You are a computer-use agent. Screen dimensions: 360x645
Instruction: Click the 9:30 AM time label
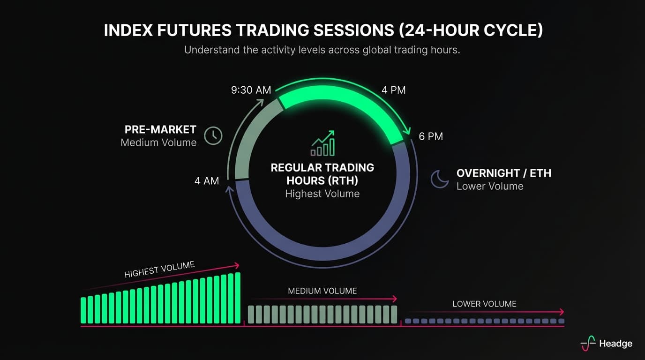pos(251,90)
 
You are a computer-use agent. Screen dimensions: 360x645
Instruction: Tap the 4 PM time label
pos(393,90)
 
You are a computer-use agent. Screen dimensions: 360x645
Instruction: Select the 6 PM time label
pos(430,136)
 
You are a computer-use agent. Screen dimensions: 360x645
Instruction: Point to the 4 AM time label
pos(207,180)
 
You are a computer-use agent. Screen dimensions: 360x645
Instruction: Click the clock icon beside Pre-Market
pos(213,135)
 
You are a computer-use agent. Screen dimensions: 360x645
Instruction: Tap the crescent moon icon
pos(440,179)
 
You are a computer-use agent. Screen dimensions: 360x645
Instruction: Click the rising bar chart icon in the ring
pos(322,143)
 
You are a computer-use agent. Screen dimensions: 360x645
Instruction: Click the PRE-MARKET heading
pos(160,129)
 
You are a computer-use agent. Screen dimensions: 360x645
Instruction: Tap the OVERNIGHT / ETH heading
pos(503,173)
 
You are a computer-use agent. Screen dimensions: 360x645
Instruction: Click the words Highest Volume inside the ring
pos(322,194)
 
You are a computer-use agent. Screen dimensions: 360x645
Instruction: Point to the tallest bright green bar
pos(237,298)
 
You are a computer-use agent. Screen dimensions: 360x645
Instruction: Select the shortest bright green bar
pos(83,310)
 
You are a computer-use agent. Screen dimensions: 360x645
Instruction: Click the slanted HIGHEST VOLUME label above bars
pos(159,270)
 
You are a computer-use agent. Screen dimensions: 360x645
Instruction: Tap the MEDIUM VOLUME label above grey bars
pos(322,291)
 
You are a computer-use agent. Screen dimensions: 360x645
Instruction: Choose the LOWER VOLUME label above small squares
pos(484,304)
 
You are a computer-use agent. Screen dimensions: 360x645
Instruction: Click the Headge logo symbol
pos(588,343)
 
